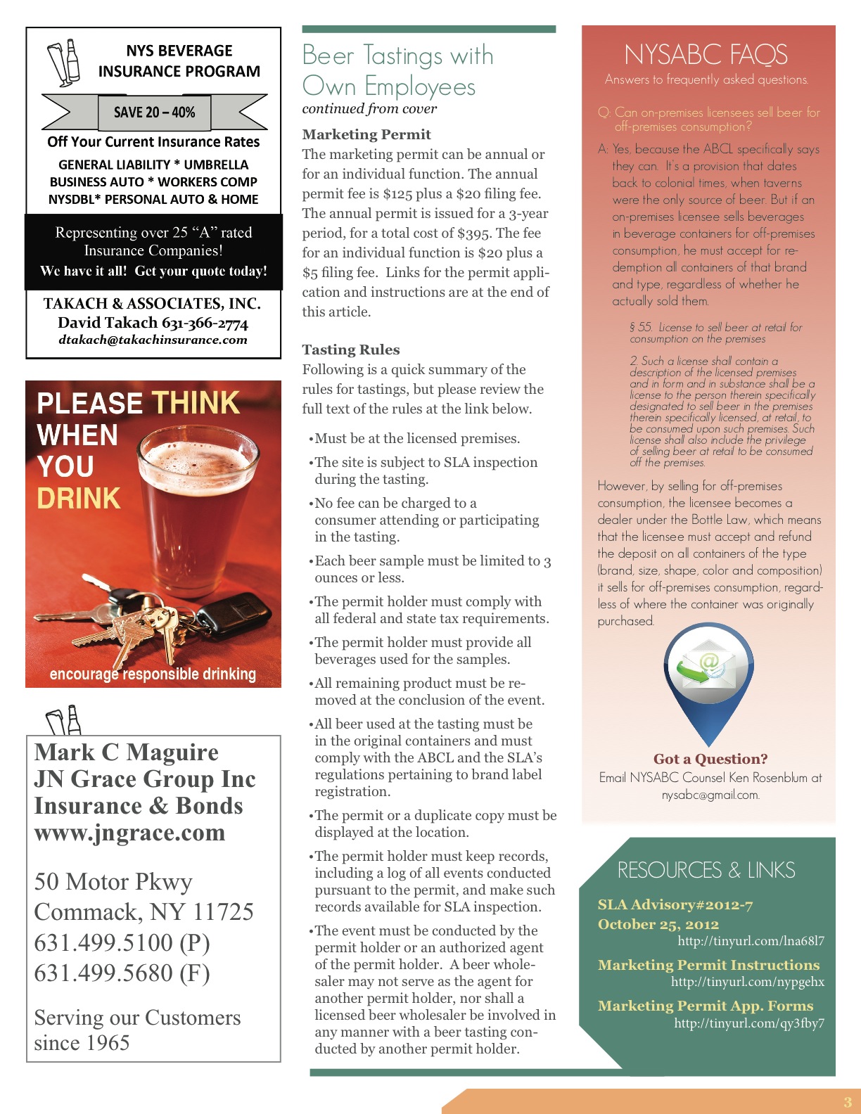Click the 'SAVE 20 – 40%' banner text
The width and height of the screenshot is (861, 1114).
pyautogui.click(x=154, y=113)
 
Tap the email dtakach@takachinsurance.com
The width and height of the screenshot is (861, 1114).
pyautogui.click(x=153, y=340)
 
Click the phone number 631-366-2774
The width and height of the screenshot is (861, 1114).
pyautogui.click(x=205, y=323)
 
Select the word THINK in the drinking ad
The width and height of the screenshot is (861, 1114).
pyautogui.click(x=196, y=403)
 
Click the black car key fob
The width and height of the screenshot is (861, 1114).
pyautogui.click(x=233, y=611)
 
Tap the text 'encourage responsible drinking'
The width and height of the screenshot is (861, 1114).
pyautogui.click(x=153, y=674)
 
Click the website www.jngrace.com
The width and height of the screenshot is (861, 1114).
pyautogui.click(x=130, y=833)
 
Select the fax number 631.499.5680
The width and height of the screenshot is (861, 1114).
pyautogui.click(x=105, y=973)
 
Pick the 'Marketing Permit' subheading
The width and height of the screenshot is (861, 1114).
pyautogui.click(x=366, y=134)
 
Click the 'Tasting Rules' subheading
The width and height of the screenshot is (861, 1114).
pyautogui.click(x=350, y=350)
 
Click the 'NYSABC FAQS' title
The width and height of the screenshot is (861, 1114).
pyautogui.click(x=706, y=55)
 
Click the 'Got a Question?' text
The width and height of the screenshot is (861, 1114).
pyautogui.click(x=710, y=759)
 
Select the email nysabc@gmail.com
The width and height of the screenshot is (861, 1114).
pyautogui.click(x=710, y=795)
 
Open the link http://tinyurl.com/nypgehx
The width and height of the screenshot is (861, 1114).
pyautogui.click(x=747, y=982)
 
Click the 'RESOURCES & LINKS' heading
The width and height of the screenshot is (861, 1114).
pyautogui.click(x=706, y=870)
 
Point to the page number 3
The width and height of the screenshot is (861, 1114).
pyautogui.click(x=847, y=1102)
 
